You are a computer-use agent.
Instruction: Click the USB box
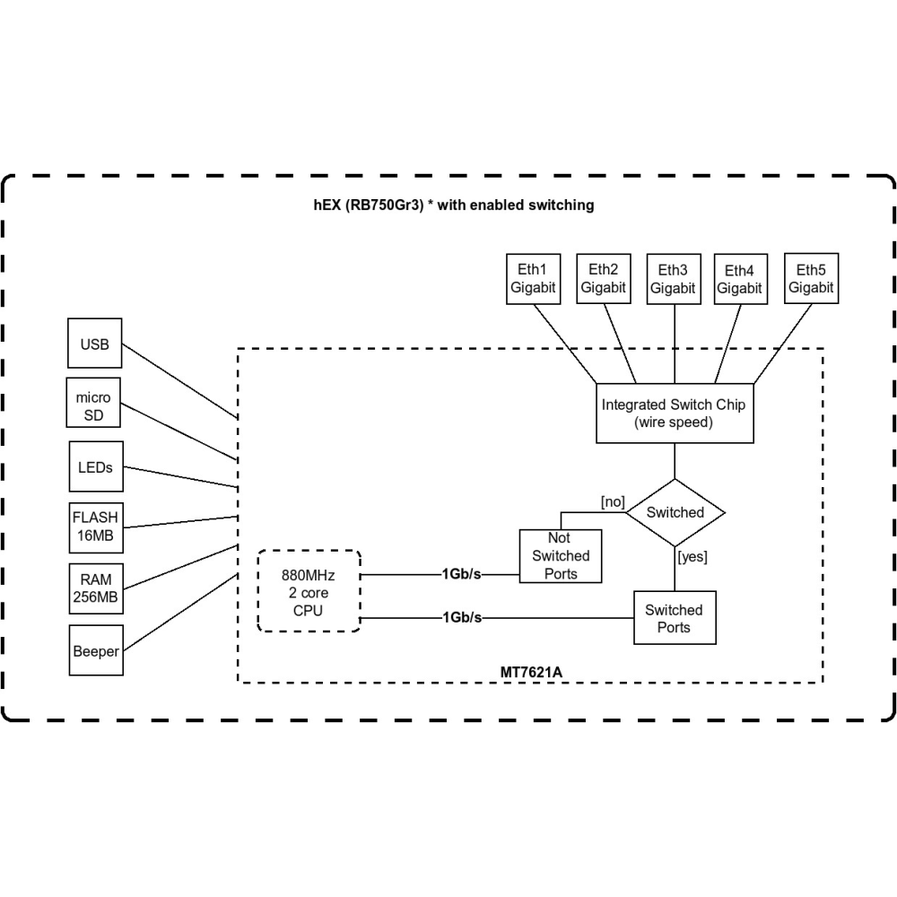95,343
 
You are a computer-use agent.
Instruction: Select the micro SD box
94,405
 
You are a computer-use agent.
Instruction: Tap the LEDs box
95,466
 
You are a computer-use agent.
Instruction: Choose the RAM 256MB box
95,588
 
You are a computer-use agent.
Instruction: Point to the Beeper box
95,651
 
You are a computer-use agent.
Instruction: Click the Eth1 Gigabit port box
533,278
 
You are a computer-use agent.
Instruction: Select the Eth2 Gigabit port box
603,278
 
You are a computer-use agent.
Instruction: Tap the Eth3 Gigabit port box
673,279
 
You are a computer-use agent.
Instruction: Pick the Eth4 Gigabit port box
740,279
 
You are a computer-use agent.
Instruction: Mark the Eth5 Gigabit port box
811,278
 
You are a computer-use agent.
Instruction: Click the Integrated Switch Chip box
673,413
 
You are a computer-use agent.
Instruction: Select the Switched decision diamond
675,512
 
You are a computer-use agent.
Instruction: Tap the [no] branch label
613,501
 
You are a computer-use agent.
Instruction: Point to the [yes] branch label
692,557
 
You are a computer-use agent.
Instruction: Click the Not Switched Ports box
561,556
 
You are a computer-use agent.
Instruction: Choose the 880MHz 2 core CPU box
309,592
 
